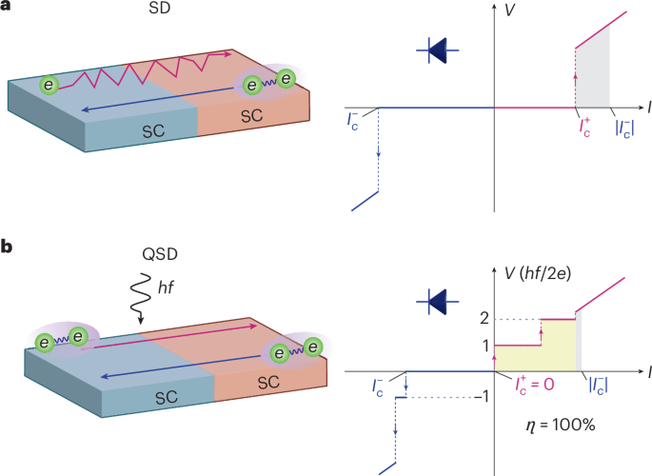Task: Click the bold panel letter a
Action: pos(7,10)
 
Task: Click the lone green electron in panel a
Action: pos(49,87)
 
